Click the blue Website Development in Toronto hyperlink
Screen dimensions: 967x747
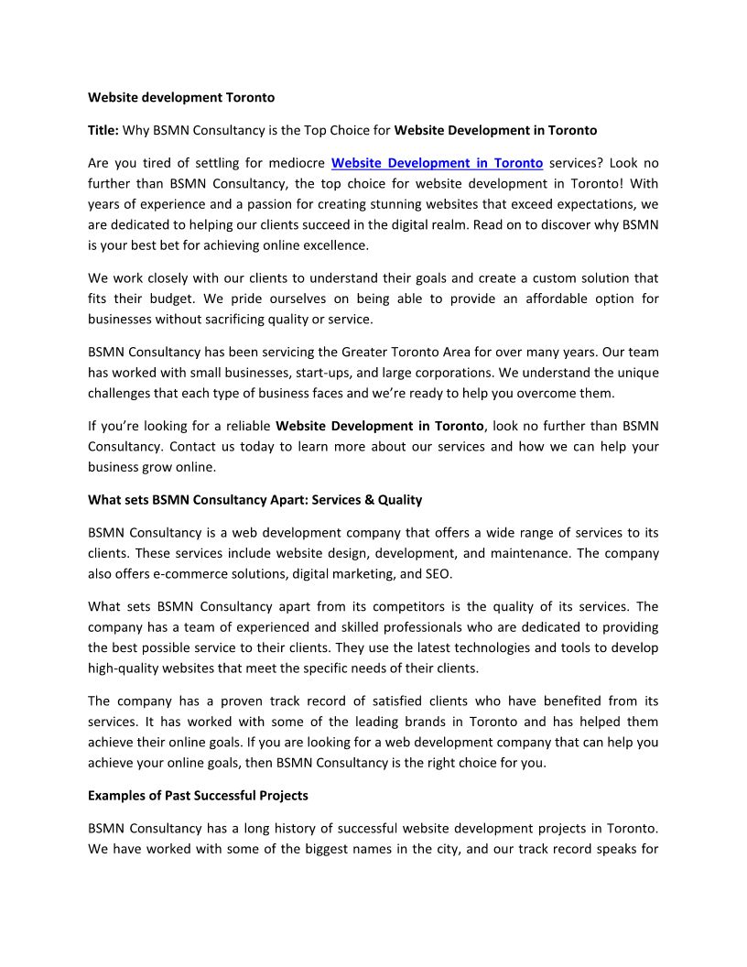click(437, 163)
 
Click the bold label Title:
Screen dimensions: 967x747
click(103, 130)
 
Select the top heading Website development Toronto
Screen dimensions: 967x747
click(181, 97)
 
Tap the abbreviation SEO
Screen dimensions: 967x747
click(437, 574)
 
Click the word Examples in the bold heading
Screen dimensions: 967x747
click(116, 795)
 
